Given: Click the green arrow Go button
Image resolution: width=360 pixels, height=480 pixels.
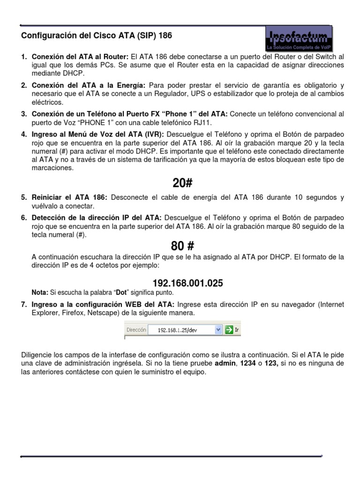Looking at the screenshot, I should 229,330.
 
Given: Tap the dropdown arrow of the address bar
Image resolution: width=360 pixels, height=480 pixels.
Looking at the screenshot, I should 217,330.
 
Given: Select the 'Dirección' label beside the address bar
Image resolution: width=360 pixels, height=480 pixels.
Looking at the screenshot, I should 136,330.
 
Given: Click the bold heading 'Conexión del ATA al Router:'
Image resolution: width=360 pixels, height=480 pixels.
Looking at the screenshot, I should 80,57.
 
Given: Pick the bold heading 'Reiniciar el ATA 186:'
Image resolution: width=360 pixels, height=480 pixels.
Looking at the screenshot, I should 69,197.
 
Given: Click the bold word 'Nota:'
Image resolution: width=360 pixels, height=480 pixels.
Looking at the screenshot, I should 40,292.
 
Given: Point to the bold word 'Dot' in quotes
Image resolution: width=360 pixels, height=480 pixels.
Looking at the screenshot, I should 121,292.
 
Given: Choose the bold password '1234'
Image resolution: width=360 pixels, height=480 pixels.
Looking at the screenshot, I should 247,363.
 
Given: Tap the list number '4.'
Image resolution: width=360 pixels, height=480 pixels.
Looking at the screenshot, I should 24,135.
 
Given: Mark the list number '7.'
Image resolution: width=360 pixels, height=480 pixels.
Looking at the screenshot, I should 24,305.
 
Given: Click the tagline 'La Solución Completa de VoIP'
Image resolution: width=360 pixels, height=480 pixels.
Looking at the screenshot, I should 299,48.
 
